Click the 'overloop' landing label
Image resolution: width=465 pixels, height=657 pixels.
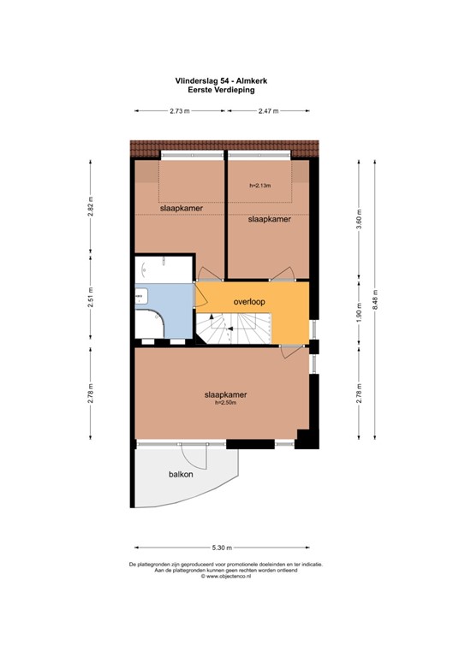(x=249, y=302)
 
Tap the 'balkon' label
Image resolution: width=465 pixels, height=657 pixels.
(x=181, y=474)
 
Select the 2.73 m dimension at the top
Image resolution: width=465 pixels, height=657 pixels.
(x=180, y=111)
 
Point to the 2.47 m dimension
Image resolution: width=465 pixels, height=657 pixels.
(x=268, y=111)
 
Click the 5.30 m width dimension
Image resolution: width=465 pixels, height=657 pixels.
(x=222, y=547)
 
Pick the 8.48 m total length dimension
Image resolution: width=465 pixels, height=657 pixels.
(x=375, y=299)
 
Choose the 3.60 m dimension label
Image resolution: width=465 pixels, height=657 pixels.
(x=359, y=219)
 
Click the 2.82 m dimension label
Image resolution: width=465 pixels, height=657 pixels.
(x=91, y=206)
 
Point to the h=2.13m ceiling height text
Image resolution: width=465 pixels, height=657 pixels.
(x=260, y=185)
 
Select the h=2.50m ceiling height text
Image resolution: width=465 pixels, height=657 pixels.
(x=225, y=403)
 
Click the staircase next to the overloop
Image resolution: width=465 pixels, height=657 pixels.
(x=234, y=328)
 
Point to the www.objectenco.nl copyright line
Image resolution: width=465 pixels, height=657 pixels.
(x=226, y=576)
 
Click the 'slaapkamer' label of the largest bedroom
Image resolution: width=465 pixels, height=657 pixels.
(x=225, y=394)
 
